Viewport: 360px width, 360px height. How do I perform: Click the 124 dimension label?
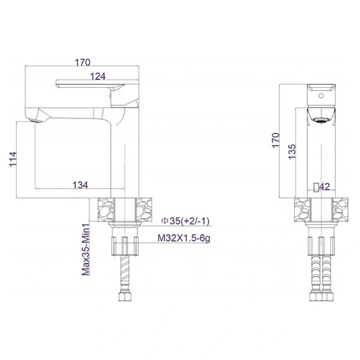click(x=98, y=76)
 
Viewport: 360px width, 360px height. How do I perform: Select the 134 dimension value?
click(x=81, y=185)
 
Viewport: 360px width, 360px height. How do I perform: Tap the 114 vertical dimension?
click(x=13, y=159)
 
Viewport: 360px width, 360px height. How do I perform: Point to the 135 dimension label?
click(x=292, y=152)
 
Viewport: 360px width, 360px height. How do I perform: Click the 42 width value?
click(x=324, y=187)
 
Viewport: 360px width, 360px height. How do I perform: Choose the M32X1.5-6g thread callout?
click(x=184, y=238)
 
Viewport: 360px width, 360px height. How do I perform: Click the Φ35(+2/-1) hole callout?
click(x=185, y=221)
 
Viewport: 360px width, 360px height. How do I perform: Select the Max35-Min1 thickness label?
click(x=86, y=249)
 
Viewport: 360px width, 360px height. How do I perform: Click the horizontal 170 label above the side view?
click(x=83, y=62)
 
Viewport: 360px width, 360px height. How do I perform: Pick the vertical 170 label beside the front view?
click(x=275, y=140)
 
